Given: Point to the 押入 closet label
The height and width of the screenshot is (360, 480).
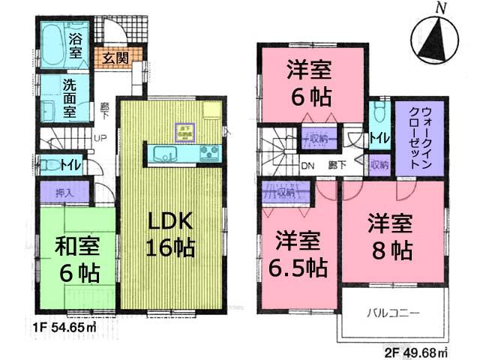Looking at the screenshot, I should [x=64, y=192].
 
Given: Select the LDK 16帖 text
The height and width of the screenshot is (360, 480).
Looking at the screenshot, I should [x=172, y=234].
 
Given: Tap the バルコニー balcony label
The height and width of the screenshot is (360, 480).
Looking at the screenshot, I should [x=393, y=311].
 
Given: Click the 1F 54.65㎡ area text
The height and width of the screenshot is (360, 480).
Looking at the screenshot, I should [x=67, y=328].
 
